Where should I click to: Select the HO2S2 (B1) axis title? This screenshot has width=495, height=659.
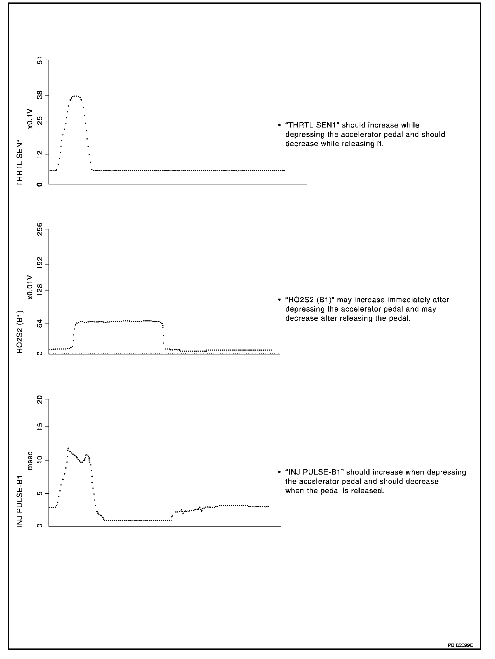click(20, 332)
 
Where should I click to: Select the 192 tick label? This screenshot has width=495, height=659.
click(39, 264)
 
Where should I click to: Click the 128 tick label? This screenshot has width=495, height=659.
click(39, 290)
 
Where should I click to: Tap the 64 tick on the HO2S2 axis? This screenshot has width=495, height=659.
click(39, 324)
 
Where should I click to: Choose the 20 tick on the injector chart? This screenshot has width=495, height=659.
click(39, 400)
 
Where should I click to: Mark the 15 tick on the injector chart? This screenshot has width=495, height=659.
click(39, 427)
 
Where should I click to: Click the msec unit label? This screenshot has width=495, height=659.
click(30, 460)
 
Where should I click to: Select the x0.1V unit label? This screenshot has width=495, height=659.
click(30, 119)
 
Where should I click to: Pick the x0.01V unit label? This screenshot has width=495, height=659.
click(30, 287)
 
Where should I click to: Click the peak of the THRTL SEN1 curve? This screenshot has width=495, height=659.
click(75, 96)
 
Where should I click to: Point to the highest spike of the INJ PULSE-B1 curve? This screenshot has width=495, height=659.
click(68, 448)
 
